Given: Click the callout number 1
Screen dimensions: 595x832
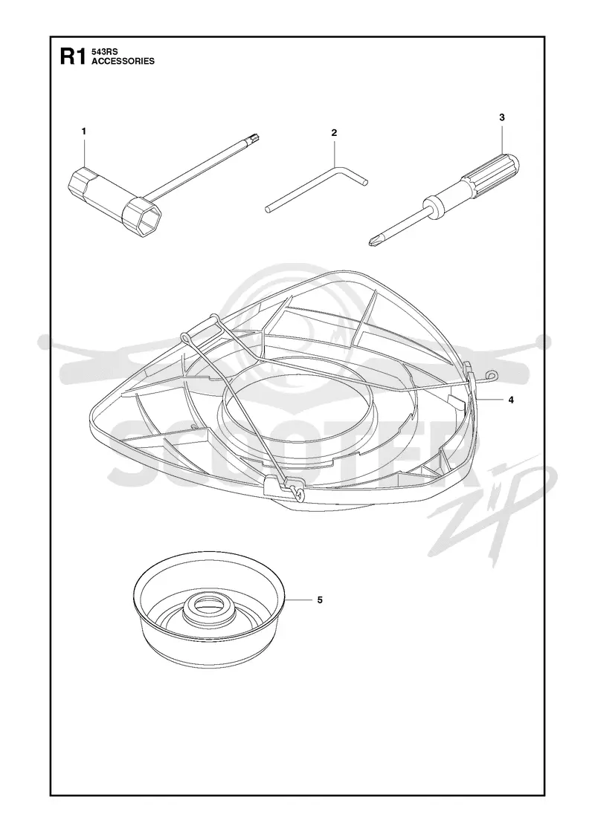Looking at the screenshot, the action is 84,131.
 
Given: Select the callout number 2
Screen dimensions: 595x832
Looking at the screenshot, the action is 334,133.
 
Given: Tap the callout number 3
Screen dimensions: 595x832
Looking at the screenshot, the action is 502,117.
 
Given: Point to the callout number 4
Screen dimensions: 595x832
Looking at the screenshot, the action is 511,400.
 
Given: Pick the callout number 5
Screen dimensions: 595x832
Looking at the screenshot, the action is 320,599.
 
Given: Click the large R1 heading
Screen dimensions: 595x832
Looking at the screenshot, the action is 72,56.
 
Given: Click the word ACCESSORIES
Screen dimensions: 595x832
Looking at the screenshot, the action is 123,61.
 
